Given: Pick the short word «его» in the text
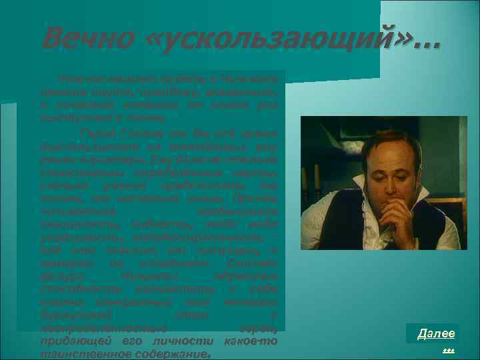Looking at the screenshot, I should tap(121, 341).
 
